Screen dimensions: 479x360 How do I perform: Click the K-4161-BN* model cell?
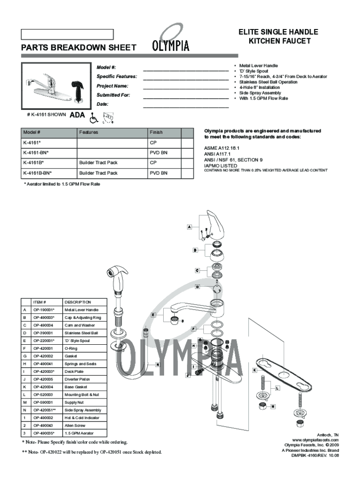tap(36, 152)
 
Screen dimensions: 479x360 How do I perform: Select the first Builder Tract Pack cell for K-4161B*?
tap(98, 163)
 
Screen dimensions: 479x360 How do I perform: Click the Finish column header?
tap(156, 132)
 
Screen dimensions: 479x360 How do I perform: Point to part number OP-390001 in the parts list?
tap(43, 333)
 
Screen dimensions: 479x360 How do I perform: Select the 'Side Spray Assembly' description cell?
tap(83, 410)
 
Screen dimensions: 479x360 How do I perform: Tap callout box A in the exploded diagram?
tap(189, 227)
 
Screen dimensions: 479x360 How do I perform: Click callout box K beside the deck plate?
tap(254, 370)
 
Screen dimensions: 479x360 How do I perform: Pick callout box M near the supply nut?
tap(273, 406)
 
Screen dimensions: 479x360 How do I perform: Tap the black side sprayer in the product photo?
tap(78, 90)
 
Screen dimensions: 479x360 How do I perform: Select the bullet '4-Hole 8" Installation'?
tap(259, 87)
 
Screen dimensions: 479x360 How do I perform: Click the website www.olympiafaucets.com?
tap(315, 440)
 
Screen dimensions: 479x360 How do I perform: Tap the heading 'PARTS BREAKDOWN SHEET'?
tap(79, 48)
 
